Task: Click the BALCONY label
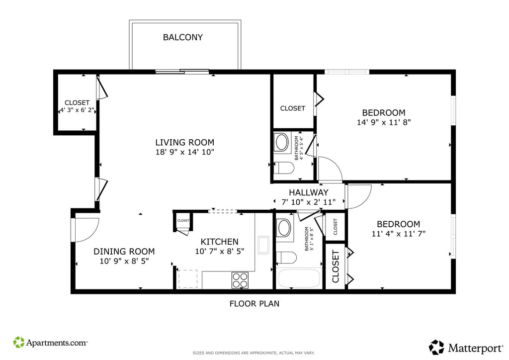point(183,37)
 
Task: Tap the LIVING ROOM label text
point(185,142)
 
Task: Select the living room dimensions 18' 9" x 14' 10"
point(185,152)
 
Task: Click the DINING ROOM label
point(124,251)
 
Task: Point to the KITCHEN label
point(219,242)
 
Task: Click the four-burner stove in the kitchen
point(240,280)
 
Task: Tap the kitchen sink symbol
point(263,245)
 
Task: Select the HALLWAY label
point(308,192)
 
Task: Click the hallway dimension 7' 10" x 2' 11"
point(308,202)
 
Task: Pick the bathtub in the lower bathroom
point(299,278)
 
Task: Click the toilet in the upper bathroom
point(284,168)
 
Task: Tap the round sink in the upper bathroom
point(281,142)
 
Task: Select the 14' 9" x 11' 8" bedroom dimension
point(384,122)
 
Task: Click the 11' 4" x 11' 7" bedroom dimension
point(398,233)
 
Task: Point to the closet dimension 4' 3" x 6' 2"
point(77,110)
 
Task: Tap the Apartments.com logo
point(50,343)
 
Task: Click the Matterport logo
point(466,348)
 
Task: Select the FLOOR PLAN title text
point(254,303)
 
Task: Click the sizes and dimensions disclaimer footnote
point(254,353)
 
